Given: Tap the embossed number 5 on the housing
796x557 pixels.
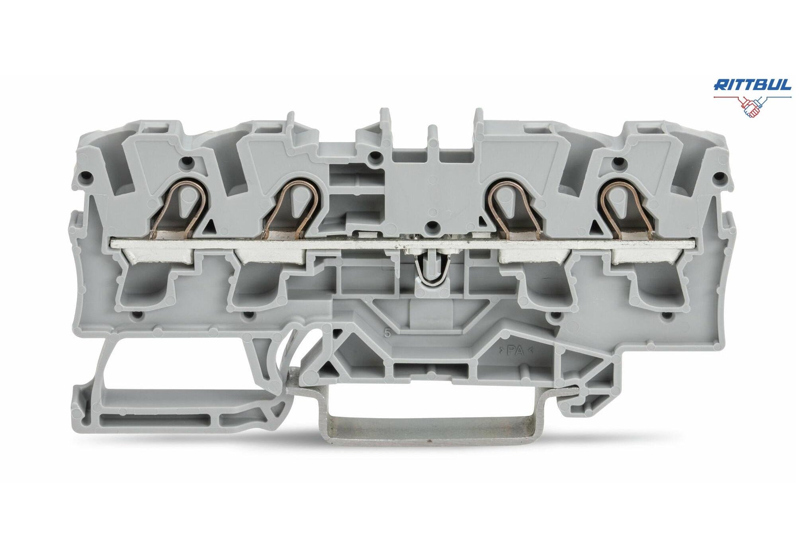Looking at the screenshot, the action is pyautogui.click(x=387, y=334).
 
